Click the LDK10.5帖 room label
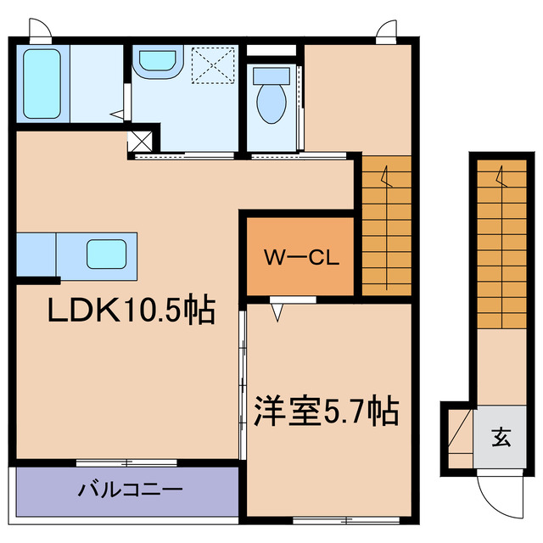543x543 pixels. [x=130, y=312]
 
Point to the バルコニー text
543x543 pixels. [x=130, y=490]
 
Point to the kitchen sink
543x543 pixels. [x=106, y=253]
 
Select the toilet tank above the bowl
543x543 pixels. [x=271, y=76]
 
